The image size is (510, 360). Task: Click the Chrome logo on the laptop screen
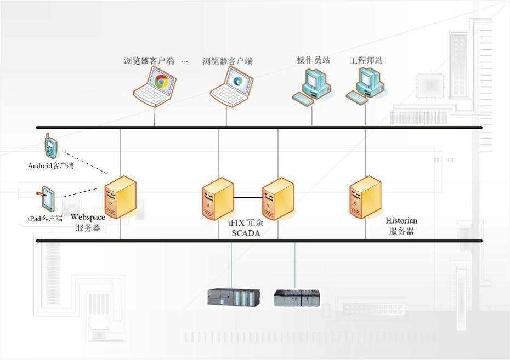161,82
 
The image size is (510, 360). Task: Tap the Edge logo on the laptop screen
238,81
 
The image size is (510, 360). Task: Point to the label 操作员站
313,60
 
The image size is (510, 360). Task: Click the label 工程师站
366,60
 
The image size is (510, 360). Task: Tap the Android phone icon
51,146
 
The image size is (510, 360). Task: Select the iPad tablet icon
47,200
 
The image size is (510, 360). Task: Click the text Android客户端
50,165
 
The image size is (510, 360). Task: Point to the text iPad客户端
45,219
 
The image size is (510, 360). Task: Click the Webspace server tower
120,197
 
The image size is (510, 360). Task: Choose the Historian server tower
365,197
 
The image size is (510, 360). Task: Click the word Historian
401,220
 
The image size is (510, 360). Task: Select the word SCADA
245,233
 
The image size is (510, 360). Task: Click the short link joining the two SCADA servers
248,197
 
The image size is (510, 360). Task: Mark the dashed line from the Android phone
85,163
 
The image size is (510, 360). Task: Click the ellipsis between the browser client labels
185,61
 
